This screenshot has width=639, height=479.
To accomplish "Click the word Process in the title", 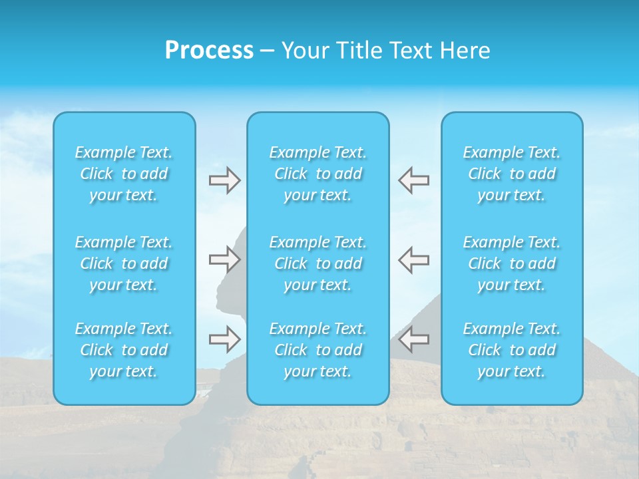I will (209, 51).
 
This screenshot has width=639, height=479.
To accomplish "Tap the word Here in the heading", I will (464, 51).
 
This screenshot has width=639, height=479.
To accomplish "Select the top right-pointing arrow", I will (224, 180).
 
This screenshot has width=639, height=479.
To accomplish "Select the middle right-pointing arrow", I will (224, 259).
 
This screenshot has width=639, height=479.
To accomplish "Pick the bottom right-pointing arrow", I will (224, 339).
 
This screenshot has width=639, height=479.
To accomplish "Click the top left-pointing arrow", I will (414, 180).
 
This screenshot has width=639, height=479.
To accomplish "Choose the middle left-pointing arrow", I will (414, 259).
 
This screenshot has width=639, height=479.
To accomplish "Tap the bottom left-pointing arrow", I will (414, 339).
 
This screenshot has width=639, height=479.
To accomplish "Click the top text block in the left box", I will (124, 174).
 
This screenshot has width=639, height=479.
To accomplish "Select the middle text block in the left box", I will (124, 263).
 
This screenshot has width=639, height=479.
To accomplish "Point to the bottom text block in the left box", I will (124, 350).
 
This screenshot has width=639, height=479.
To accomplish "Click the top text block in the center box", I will (318, 174).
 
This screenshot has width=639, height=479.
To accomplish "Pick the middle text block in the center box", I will (318, 263).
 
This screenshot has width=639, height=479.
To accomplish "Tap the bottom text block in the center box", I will (318, 350).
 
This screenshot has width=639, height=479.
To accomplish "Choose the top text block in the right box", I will (512, 174).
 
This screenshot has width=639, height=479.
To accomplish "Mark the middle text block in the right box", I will (512, 263).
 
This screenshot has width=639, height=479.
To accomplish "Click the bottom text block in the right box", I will (512, 350).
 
